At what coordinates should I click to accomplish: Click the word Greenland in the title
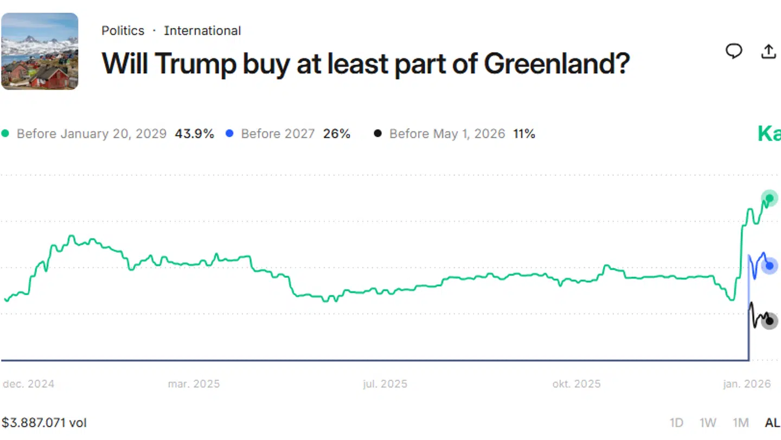[556, 64]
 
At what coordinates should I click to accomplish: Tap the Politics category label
[123, 31]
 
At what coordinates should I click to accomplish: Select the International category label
[202, 31]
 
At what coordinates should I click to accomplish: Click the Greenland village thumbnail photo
[40, 51]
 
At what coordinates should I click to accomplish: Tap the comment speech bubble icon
[734, 51]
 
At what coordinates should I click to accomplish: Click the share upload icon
[769, 52]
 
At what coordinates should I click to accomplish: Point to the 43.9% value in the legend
[194, 133]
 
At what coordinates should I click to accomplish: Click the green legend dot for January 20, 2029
[5, 133]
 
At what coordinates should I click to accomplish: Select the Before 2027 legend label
[278, 133]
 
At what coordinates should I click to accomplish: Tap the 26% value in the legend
[337, 133]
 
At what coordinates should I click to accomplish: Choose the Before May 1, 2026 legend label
[447, 133]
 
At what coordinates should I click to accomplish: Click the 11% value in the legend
[524, 133]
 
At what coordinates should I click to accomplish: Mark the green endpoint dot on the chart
[769, 198]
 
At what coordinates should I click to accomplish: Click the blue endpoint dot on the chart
[769, 266]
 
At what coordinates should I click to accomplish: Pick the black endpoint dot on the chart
[769, 321]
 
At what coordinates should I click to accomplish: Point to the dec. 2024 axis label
[29, 384]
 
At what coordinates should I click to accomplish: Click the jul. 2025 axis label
[385, 384]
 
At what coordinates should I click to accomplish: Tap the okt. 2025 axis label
[577, 384]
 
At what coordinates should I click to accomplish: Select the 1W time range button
[708, 423]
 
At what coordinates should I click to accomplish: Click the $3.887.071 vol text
[44, 423]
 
